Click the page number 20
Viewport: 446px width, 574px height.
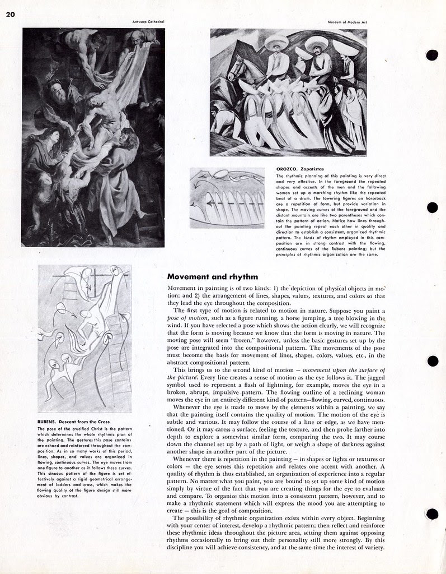click(11, 15)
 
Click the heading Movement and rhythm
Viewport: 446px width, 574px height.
click(213, 276)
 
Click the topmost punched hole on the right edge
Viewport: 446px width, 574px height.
click(431, 55)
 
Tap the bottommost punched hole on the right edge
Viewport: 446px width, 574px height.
click(431, 513)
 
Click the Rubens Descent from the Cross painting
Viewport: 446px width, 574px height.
click(93, 137)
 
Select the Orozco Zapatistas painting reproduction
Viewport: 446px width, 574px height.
click(288, 92)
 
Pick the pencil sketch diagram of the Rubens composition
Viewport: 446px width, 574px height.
click(77, 338)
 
